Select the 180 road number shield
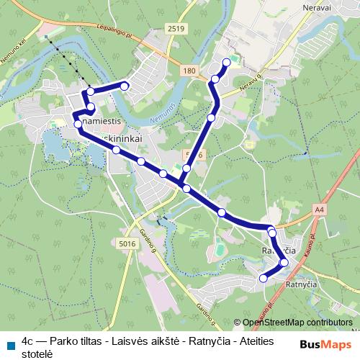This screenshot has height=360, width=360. (189, 70)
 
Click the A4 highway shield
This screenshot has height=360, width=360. (320, 209)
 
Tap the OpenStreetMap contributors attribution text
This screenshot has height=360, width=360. (297, 323)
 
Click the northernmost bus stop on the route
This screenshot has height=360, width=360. (226, 63)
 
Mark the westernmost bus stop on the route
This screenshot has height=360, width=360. (78, 124)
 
